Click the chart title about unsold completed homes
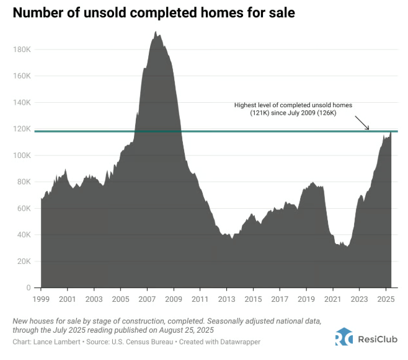pos(153,12)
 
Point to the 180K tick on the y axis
pos(23,50)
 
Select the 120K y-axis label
pos(23,129)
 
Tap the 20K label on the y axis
pos(25,261)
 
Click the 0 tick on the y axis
pos(29,288)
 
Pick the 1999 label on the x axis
pos(41,299)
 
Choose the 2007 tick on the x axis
pos(147,299)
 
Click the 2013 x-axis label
pos(227,299)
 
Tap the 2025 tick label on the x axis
pos(386,299)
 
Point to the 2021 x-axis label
pos(333,299)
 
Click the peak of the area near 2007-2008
pos(156,33)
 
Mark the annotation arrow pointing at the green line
pos(363,123)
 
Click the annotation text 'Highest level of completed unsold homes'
pos(293,105)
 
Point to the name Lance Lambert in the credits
pos(56,341)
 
